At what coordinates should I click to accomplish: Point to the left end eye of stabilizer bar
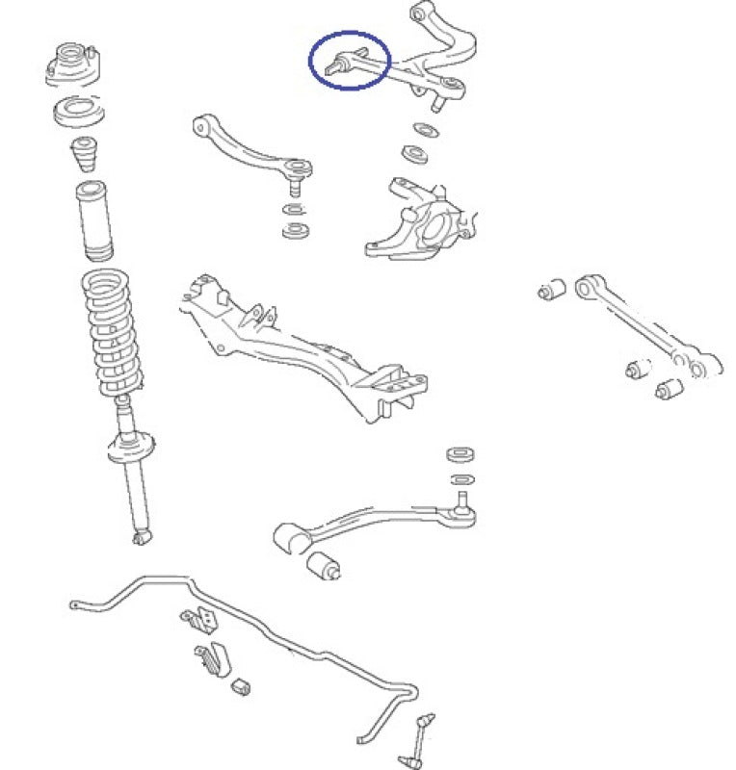[x=74, y=604]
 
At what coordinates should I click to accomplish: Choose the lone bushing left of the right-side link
[x=553, y=288]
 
